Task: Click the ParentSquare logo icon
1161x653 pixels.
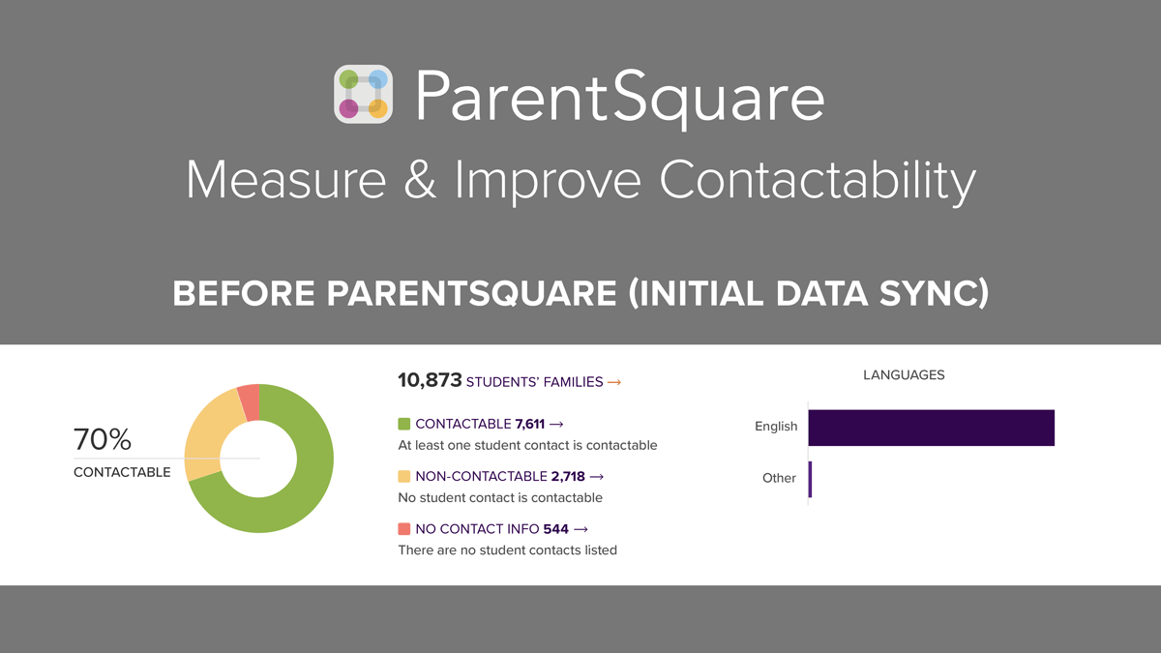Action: point(363,95)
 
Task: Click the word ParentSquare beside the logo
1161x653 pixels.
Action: point(620,98)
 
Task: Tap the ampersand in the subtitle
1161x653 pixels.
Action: point(420,181)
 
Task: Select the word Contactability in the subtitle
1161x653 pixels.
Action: point(818,182)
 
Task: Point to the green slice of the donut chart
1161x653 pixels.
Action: point(300,484)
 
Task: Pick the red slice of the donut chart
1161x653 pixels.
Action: point(249,401)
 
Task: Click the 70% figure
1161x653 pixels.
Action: point(103,440)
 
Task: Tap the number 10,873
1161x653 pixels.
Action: point(429,381)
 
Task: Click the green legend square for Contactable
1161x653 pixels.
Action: point(404,424)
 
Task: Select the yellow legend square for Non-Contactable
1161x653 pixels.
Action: point(404,476)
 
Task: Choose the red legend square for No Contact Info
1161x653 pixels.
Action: point(404,529)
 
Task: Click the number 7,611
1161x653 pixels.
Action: point(529,424)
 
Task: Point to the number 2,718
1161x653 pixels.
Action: point(568,476)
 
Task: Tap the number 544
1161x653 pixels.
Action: point(555,529)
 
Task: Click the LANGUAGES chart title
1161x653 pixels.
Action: point(904,375)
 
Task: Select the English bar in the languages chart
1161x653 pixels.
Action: point(931,428)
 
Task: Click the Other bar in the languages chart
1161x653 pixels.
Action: point(810,479)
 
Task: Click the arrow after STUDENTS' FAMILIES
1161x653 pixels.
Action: point(614,382)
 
